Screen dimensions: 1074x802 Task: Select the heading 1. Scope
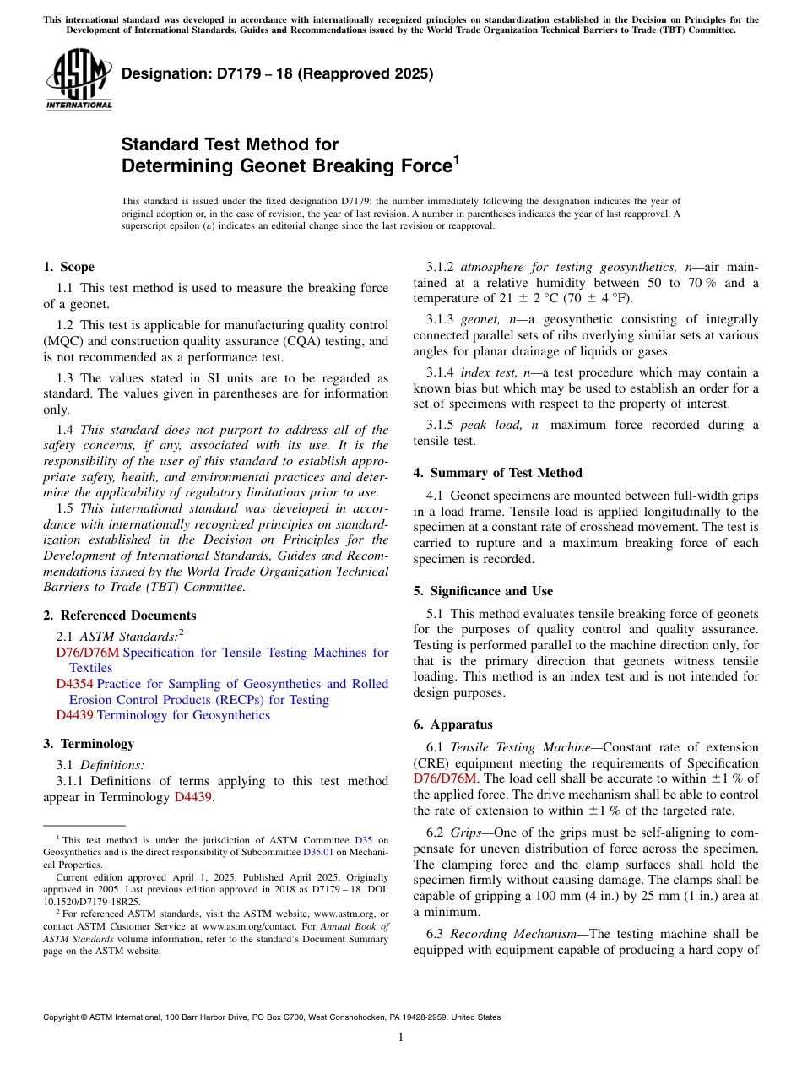pyautogui.click(x=68, y=267)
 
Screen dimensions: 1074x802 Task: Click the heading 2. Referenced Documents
pyautogui.click(x=119, y=616)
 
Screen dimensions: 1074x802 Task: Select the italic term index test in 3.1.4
pyautogui.click(x=489, y=372)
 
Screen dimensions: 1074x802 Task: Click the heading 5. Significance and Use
pyautogui.click(x=483, y=591)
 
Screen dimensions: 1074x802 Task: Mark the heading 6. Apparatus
pyautogui.click(x=452, y=724)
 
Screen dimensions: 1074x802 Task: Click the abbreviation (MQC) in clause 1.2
pyautogui.click(x=69, y=341)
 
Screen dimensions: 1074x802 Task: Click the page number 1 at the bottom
pyautogui.click(x=401, y=1038)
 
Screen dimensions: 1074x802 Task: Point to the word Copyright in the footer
pyautogui.click(x=61, y=1017)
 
